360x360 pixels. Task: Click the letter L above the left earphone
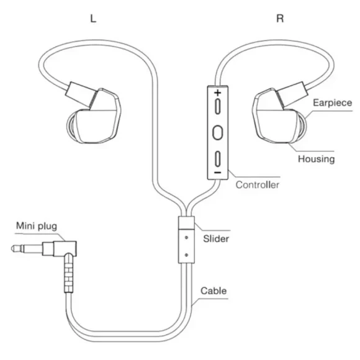(x=93, y=19)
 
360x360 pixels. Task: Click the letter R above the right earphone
(x=280, y=19)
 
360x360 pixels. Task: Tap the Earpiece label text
(x=332, y=102)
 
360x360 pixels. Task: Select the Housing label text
(x=316, y=159)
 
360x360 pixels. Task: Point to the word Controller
(x=258, y=185)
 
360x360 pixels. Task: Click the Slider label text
(x=216, y=239)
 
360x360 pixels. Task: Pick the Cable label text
(x=214, y=291)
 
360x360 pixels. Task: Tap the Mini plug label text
(x=37, y=226)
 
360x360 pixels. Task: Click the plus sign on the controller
(x=218, y=92)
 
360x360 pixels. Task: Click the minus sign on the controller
(x=217, y=173)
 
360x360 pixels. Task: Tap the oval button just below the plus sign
(x=218, y=106)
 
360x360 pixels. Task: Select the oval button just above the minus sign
(x=218, y=159)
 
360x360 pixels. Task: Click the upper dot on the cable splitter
(x=186, y=238)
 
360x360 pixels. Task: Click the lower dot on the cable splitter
(x=186, y=255)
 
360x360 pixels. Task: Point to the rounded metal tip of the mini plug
(x=17, y=248)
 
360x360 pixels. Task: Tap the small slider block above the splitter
(x=186, y=222)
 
